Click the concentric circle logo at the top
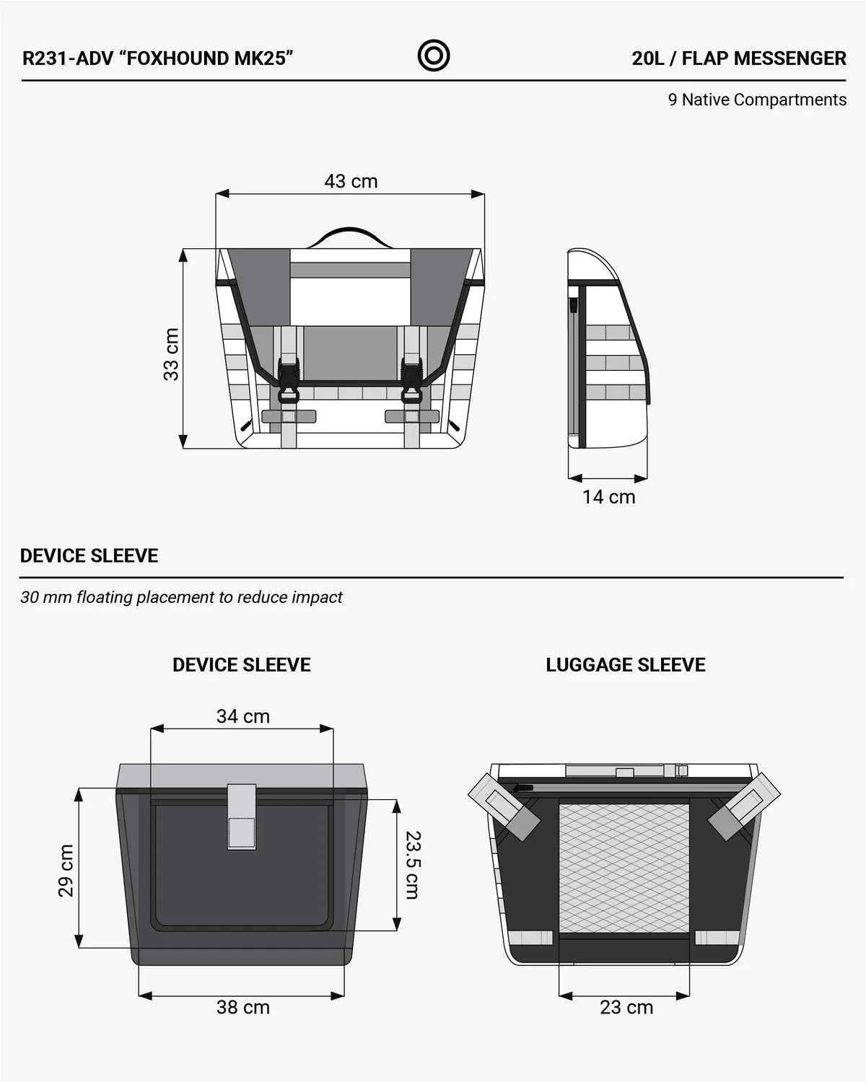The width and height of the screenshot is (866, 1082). point(433,56)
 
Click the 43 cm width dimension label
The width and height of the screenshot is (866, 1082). point(351,181)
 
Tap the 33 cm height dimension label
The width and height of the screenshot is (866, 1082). point(172,354)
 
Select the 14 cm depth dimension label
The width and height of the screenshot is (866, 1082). point(608,497)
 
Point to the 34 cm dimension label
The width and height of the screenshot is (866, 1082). point(243,716)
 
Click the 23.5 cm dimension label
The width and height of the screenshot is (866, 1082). point(413,864)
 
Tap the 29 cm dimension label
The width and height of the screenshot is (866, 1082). point(66,871)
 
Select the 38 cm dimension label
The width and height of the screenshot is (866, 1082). point(243,1007)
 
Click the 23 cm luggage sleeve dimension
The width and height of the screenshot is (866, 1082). point(626,1007)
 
